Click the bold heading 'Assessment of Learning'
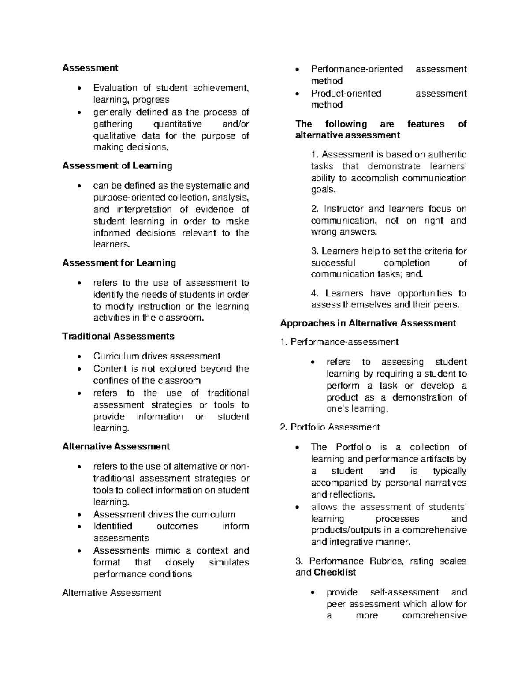(x=117, y=166)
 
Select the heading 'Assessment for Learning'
(x=119, y=263)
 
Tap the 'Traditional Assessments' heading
(x=118, y=336)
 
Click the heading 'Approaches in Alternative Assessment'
(x=368, y=323)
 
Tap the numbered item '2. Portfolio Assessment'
(x=330, y=427)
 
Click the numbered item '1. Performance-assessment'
(x=339, y=342)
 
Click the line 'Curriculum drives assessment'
(x=156, y=356)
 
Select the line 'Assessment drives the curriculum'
(x=164, y=514)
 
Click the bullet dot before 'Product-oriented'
(x=299, y=94)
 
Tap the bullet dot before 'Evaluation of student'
(x=79, y=88)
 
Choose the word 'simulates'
(x=229, y=562)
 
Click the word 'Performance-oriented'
(x=357, y=69)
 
